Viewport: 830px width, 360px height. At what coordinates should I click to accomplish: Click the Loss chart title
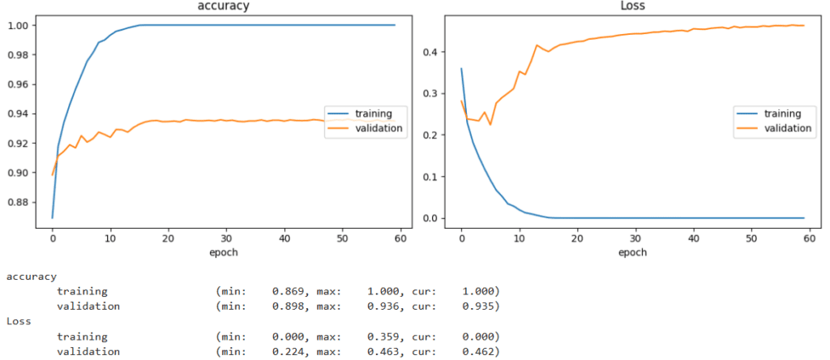[x=633, y=6]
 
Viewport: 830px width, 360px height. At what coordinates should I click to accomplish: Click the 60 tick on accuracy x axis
[x=400, y=239]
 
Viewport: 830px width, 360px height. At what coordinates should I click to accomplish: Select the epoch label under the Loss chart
[x=633, y=252]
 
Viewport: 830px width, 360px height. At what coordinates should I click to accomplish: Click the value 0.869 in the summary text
[x=288, y=291]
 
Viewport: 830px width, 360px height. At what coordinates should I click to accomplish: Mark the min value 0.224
[x=288, y=352]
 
